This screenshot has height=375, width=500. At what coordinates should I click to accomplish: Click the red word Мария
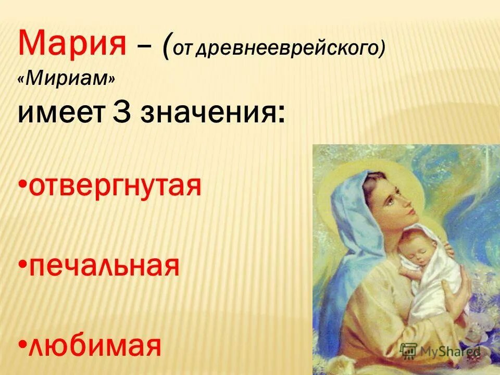pyautogui.click(x=71, y=43)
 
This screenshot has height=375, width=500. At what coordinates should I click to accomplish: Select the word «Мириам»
pyautogui.click(x=66, y=79)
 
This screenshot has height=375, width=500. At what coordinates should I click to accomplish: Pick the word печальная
pyautogui.click(x=104, y=266)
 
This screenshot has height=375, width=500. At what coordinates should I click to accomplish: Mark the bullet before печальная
pyautogui.click(x=22, y=266)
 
